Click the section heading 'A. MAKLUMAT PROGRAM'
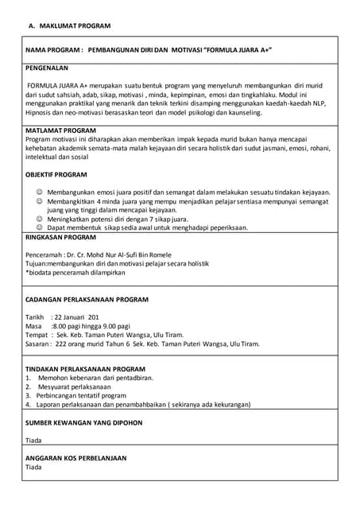(x=70, y=26)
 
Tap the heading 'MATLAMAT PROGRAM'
(x=60, y=130)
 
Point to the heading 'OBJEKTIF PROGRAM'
(x=56, y=173)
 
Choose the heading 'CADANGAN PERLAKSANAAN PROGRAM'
(x=88, y=300)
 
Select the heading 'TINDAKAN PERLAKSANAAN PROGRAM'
(x=85, y=369)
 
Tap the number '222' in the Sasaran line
(x=61, y=344)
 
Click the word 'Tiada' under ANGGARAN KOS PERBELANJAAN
(x=33, y=467)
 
